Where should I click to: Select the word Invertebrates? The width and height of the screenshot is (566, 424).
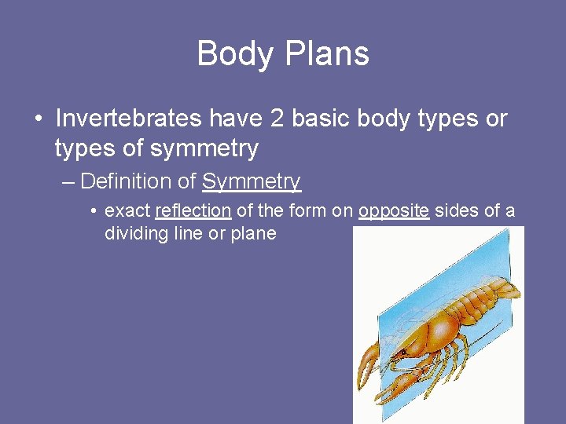coord(129,119)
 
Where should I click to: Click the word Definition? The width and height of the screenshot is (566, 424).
coord(127,182)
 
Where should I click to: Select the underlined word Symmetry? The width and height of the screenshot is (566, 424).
coord(252,183)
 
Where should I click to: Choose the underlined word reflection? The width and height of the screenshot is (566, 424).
coord(193,211)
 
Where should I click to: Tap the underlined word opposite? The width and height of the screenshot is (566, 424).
coord(394,212)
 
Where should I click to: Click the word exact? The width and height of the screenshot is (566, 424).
coord(127,211)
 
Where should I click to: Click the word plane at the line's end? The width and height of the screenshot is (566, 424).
coord(253,235)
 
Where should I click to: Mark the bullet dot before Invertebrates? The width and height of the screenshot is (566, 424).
coord(38,119)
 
